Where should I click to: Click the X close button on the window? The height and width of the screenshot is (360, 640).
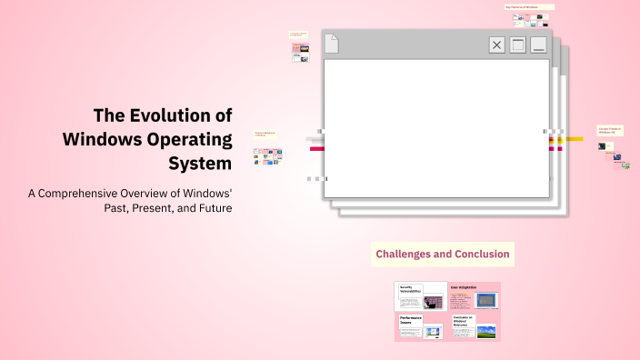point(496,45)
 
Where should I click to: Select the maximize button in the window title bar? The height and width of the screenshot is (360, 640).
point(517,45)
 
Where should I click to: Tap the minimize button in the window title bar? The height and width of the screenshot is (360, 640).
point(538,45)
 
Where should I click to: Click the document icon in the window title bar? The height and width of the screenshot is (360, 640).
point(332,44)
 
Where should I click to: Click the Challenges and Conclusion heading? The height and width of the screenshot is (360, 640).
point(443,254)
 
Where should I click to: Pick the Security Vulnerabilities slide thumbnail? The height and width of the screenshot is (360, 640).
point(420,296)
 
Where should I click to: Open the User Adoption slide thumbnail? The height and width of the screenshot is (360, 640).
point(474,296)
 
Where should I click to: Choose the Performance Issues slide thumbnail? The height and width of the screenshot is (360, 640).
point(420,326)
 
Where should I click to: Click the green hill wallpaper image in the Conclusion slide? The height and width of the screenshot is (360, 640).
point(486,331)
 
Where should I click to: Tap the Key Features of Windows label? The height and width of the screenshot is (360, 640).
point(529,7)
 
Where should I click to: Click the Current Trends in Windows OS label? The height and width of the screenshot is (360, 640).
point(609,131)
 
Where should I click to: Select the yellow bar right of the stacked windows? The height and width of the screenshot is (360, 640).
point(574,140)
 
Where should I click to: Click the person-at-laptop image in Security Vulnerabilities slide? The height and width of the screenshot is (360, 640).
point(433,302)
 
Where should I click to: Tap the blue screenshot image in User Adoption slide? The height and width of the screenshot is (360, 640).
point(487,300)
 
